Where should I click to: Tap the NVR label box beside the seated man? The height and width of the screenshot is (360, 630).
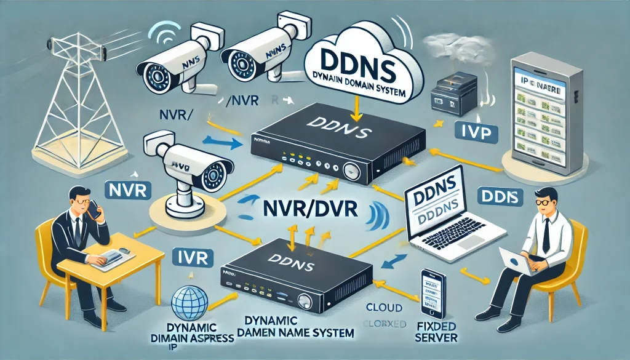point(126,190)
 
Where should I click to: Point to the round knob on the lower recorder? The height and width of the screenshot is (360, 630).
point(304,300)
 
